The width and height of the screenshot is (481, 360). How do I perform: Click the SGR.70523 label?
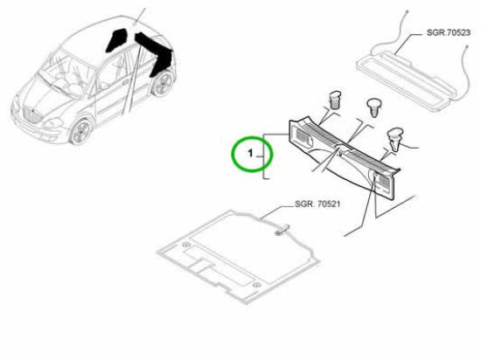[x=448, y=33]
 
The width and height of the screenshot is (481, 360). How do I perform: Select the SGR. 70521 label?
[x=317, y=204]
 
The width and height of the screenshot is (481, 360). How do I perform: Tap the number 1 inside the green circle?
[x=250, y=153]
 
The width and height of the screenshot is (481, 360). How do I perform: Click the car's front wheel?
[x=80, y=132]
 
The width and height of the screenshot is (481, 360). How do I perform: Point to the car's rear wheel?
[x=163, y=83]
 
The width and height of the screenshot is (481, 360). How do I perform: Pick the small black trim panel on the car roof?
[x=116, y=40]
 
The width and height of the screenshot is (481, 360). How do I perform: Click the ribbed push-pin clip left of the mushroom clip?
[x=335, y=100]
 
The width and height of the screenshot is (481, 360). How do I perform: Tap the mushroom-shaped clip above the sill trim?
[x=374, y=107]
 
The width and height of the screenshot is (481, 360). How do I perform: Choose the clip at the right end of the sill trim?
[x=394, y=140]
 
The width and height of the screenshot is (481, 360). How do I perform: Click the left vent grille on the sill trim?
[x=302, y=136]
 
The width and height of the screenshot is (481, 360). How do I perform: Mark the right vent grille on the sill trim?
[x=381, y=181]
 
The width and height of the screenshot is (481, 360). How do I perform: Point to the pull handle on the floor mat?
[x=282, y=230]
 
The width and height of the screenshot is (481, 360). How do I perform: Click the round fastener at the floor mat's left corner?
[x=185, y=245]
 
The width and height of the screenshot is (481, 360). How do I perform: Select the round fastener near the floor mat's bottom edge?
[x=256, y=285]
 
